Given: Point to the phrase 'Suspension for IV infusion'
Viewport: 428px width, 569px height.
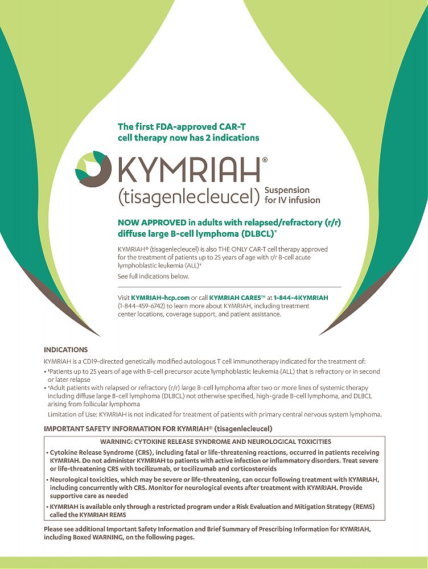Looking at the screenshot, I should pyautogui.click(x=293, y=195).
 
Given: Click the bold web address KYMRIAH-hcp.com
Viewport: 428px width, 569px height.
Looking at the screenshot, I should pyautogui.click(x=160, y=298).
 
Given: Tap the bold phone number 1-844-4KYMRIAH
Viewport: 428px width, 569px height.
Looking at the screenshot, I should pyautogui.click(x=301, y=298).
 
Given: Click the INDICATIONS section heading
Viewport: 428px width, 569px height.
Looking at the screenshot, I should pyautogui.click(x=66, y=349).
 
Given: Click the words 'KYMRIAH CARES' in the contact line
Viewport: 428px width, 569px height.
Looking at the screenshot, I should pyautogui.click(x=233, y=298).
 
